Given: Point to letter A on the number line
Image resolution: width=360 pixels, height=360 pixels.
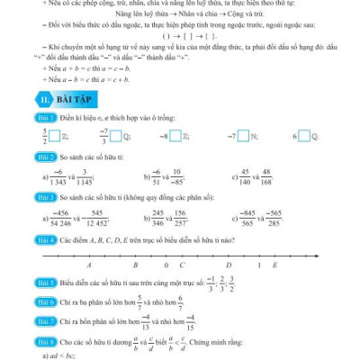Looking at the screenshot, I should point(89,267).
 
